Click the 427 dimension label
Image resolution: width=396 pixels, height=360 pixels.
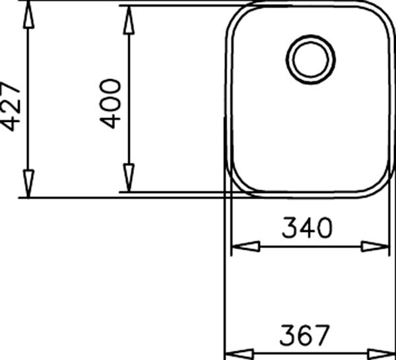coord(10,106)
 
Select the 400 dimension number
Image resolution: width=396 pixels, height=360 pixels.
coord(110,104)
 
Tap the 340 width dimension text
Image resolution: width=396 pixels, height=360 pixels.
coord(307,227)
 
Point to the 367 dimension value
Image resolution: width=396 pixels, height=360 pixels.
coord(305,335)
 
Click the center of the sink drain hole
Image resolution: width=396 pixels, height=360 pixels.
coord(311,59)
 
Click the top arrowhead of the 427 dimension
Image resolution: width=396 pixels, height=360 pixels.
coord(28,15)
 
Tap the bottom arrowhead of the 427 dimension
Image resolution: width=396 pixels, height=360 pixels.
coord(28,183)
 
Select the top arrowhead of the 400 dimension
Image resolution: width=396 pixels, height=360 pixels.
coord(129,20)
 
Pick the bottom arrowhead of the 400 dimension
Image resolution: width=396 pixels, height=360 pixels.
coord(129,177)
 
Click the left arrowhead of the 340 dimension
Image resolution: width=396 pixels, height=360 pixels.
coord(246,247)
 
